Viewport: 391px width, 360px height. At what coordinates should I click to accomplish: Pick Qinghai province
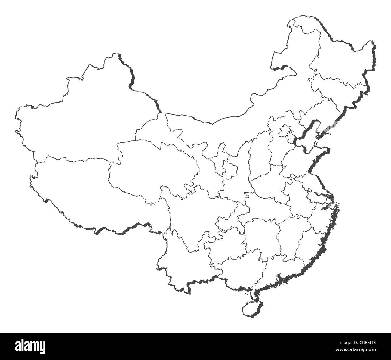click(x=153, y=169)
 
